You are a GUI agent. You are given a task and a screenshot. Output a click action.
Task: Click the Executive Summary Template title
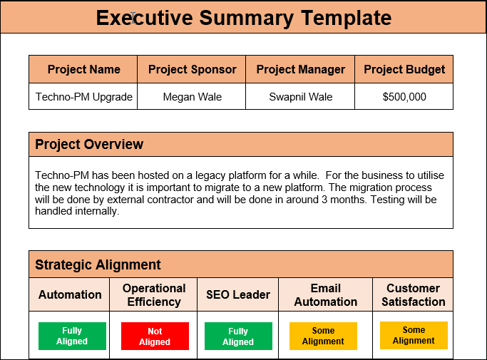pos(243,18)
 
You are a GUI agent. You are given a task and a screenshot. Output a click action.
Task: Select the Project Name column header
pos(83,69)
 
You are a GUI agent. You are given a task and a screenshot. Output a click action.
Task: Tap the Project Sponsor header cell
pos(192,69)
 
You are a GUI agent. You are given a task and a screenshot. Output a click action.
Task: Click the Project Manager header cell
pos(300,69)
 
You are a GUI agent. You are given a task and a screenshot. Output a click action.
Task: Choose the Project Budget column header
pos(404,69)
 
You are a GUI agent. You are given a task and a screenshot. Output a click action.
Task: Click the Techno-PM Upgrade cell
pos(83,97)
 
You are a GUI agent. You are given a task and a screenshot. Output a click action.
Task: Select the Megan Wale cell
pos(192,97)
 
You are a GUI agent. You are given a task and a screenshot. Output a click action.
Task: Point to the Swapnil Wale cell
pos(300,97)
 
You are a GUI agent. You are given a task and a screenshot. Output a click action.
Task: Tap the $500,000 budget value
pos(404,97)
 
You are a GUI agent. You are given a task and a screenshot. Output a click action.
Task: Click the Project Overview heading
pos(89,144)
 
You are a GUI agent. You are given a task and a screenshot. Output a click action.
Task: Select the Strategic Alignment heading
pos(98,264)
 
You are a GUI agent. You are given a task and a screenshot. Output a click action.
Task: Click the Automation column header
pos(70,294)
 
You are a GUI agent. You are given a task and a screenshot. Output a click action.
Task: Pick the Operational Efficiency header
pos(154,294)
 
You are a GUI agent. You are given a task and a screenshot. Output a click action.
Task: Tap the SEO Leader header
pos(237,294)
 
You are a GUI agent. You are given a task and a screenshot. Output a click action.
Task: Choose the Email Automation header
pos(325,294)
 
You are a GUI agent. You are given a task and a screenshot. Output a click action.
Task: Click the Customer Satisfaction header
pos(413,294)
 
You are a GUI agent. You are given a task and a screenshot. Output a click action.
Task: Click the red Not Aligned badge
pos(155,336)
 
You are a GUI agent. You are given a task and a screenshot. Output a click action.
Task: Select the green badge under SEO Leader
pos(238,336)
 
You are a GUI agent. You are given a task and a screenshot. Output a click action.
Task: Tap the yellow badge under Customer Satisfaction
pos(414,335)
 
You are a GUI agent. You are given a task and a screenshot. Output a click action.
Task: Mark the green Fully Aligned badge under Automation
pos(72,336)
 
